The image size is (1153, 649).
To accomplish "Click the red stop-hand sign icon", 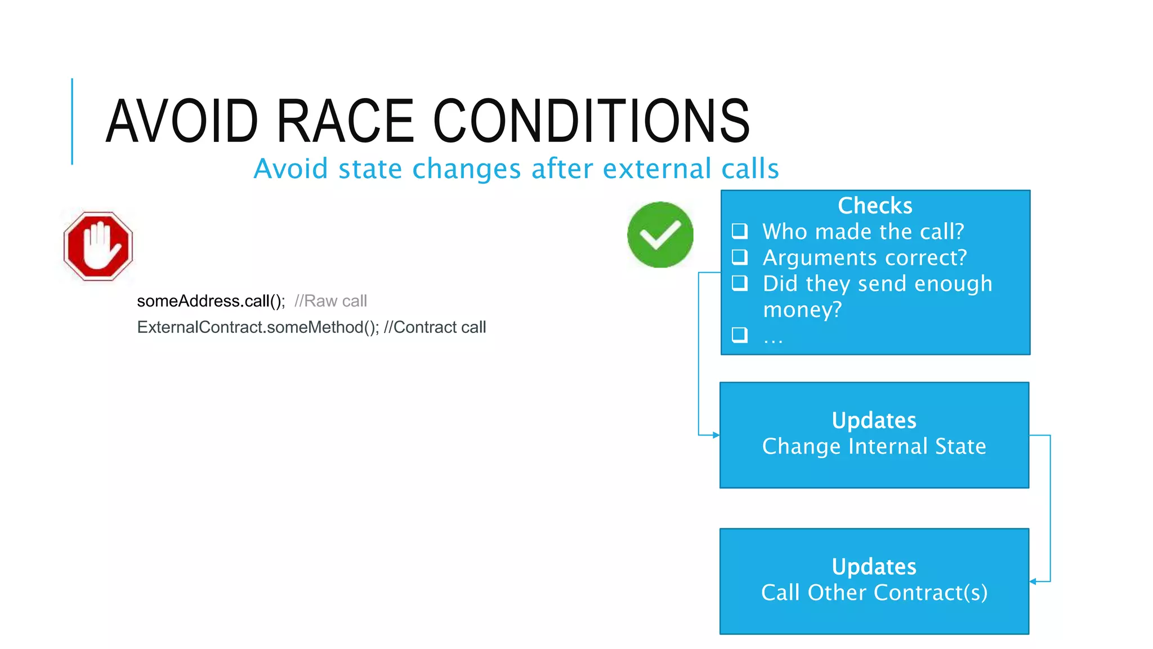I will tap(98, 246).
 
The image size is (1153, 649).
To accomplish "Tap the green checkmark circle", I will tap(660, 234).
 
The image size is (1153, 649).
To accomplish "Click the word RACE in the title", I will tap(345, 121).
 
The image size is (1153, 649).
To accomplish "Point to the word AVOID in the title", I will tap(182, 121).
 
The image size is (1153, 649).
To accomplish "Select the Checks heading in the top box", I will tap(874, 206).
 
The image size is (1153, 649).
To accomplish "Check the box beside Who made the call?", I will tap(739, 231).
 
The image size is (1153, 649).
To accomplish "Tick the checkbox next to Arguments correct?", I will tap(739, 257).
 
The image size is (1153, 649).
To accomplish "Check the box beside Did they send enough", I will tap(739, 283).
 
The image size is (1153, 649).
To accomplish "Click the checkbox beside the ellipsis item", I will tap(739, 335).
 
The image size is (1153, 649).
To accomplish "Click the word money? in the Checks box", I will tap(802, 309).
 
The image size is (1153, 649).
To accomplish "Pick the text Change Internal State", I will tap(874, 446).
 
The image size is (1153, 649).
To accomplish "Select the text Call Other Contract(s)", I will tap(874, 593).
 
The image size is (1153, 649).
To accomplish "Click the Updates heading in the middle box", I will tap(874, 420).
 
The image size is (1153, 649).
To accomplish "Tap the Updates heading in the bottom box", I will tap(874, 567).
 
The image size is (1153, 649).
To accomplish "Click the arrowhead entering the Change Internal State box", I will tap(716, 435).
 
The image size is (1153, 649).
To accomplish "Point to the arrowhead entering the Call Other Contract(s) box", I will tap(1033, 581).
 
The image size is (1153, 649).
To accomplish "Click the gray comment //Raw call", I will tap(330, 301).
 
